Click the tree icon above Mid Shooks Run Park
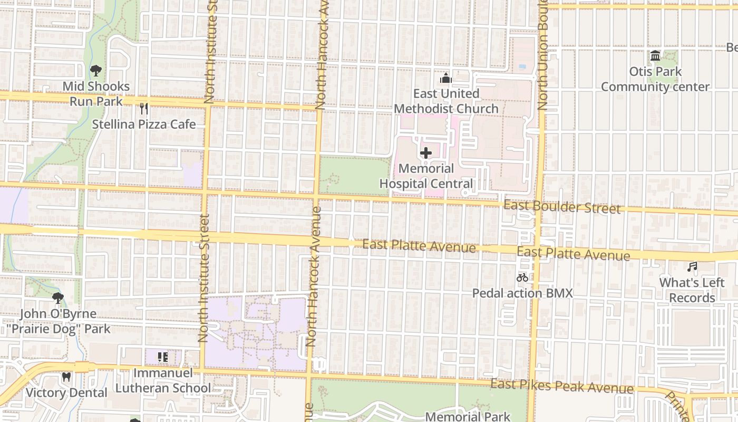pyautogui.click(x=96, y=70)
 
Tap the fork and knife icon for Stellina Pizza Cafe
pyautogui.click(x=143, y=109)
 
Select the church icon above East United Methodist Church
pyautogui.click(x=446, y=79)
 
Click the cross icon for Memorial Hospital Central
pyautogui.click(x=426, y=154)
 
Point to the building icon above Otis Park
pyautogui.click(x=655, y=56)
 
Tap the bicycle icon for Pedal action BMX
pyautogui.click(x=522, y=277)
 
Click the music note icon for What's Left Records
pyautogui.click(x=692, y=267)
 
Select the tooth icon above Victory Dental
pyautogui.click(x=66, y=377)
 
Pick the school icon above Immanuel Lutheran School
pyautogui.click(x=163, y=358)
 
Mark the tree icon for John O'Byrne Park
pyautogui.click(x=58, y=298)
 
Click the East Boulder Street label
pyautogui.click(x=562, y=207)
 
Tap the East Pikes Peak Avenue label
pyautogui.click(x=561, y=386)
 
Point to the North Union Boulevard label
pyautogui.click(x=543, y=55)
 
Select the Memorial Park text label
pyautogui.click(x=468, y=416)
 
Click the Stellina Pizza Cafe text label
pyautogui.click(x=144, y=124)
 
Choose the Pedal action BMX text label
pyautogui.click(x=522, y=293)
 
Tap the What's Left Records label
pyautogui.click(x=692, y=290)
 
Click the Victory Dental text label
pyautogui.click(x=66, y=393)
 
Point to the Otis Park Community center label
pyautogui.click(x=655, y=79)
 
